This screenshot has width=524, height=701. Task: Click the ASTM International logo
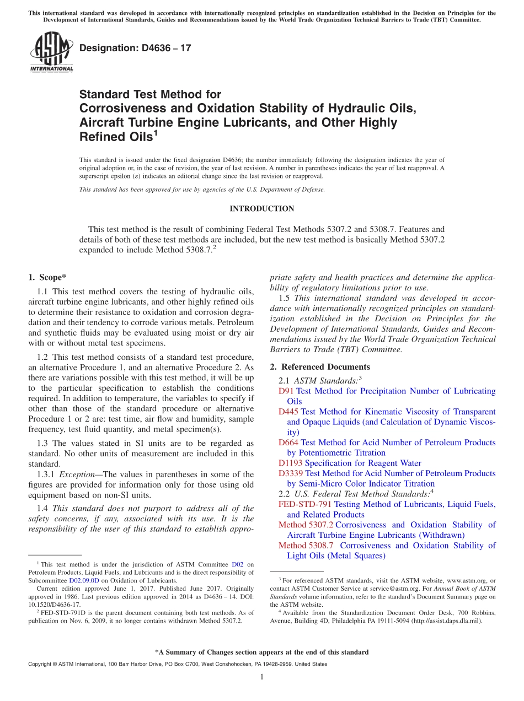tap(51, 51)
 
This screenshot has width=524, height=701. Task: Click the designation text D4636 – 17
tap(135, 48)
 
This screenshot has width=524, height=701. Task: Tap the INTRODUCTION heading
tap(261, 209)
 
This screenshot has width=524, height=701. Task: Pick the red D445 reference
tap(288, 412)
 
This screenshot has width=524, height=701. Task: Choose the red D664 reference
tap(288, 443)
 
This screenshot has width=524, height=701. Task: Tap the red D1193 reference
tap(290, 463)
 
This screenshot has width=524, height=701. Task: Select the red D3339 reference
tap(291, 473)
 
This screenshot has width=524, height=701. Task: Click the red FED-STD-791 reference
tap(305, 504)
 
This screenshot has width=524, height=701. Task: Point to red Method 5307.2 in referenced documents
tap(306, 525)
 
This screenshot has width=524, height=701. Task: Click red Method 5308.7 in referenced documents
tap(306, 546)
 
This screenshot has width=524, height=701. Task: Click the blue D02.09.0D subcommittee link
tap(84, 580)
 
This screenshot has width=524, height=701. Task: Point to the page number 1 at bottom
tap(261, 677)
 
